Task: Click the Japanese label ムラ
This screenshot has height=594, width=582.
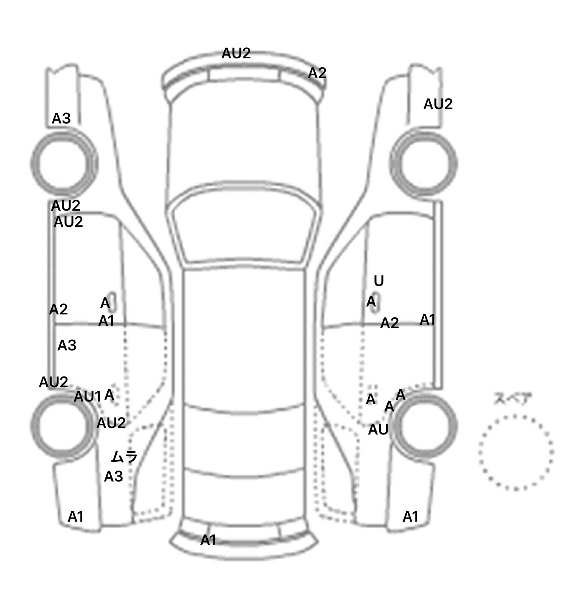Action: click(124, 457)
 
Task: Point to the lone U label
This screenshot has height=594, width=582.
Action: click(379, 281)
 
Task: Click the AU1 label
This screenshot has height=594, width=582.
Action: click(88, 397)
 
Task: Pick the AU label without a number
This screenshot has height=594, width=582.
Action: click(379, 430)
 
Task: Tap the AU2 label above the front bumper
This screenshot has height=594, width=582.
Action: click(236, 53)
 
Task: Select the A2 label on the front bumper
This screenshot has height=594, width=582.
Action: click(317, 73)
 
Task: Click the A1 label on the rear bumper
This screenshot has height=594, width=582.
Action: click(208, 540)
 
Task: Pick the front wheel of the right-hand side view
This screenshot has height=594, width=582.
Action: click(425, 164)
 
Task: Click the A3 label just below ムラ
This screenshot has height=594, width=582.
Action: click(114, 477)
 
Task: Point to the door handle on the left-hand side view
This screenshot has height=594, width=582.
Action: click(112, 302)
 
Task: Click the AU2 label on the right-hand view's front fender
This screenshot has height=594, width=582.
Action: click(438, 104)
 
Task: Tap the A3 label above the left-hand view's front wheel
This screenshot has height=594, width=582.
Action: click(61, 119)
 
